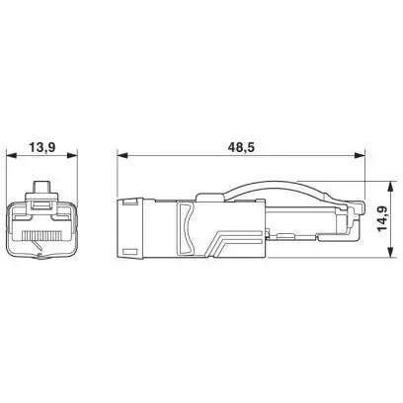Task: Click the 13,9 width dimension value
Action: tap(41, 147)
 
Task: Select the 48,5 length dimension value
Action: tap(241, 147)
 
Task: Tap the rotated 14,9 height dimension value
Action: tap(382, 219)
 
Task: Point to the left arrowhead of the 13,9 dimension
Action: tap(12, 155)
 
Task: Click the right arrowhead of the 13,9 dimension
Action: tap(72, 155)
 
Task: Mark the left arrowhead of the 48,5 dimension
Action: tap(122, 155)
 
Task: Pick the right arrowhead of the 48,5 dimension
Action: tap(360, 155)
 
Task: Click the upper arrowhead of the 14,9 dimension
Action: tap(391, 186)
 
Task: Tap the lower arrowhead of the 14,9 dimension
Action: tap(391, 252)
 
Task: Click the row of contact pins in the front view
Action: tap(41, 235)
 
